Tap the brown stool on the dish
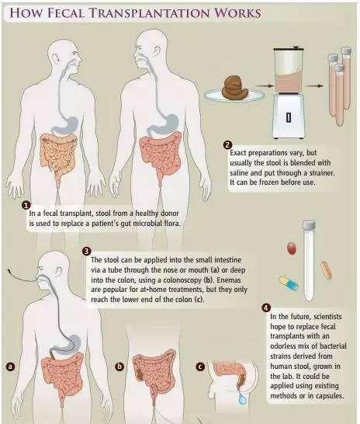click(x=235, y=87)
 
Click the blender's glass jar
click(x=289, y=71)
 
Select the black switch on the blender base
click(x=289, y=117)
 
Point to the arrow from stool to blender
click(x=264, y=86)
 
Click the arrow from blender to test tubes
click(x=314, y=85)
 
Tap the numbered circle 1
click(x=26, y=206)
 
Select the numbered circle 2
click(x=227, y=145)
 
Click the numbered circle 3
click(x=86, y=251)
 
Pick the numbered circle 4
click(x=266, y=308)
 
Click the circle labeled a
click(x=10, y=367)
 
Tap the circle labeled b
click(x=119, y=367)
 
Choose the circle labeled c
click(x=200, y=367)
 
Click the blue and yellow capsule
click(x=289, y=283)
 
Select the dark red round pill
click(x=292, y=248)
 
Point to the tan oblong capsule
click(x=327, y=270)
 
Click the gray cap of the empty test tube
click(x=309, y=224)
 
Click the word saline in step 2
click(x=239, y=173)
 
